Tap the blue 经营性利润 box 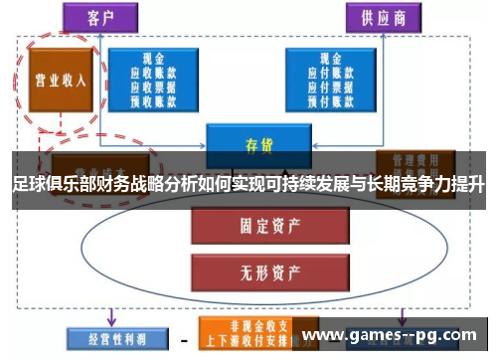click(x=107, y=335)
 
